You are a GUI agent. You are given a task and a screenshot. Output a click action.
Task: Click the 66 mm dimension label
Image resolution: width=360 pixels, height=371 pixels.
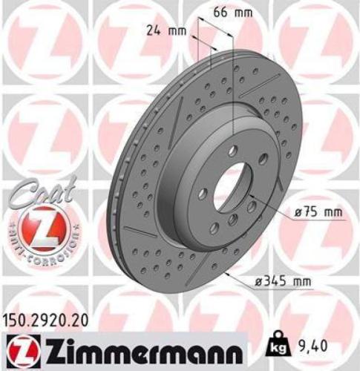tap(227, 13)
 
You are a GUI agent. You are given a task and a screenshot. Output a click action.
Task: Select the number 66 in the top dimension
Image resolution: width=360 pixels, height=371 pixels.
tap(218, 13)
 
